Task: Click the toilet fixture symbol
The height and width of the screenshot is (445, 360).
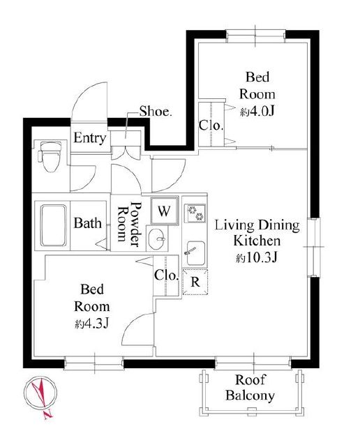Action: (50, 157)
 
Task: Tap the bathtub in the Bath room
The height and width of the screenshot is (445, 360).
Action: (54, 225)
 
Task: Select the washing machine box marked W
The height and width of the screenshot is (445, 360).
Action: (165, 211)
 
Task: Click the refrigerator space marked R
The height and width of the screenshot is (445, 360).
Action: (195, 282)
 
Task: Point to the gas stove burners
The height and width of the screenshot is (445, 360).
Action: (196, 213)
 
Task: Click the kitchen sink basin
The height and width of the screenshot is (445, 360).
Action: (195, 253)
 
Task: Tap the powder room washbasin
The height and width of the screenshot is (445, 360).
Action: (157, 239)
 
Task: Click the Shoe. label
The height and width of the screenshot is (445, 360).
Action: (156, 112)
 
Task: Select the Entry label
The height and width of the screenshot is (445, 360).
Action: (90, 138)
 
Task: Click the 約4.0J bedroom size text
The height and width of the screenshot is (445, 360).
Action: (257, 112)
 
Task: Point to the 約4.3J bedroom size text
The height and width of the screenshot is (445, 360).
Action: (91, 324)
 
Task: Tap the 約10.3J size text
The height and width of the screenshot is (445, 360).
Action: (256, 257)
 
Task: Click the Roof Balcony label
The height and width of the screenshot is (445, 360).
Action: (250, 388)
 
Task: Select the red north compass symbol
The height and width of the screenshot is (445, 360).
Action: (40, 397)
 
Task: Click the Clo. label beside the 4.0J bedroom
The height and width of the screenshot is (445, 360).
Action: (211, 125)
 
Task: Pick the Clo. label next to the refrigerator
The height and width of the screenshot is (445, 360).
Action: (166, 275)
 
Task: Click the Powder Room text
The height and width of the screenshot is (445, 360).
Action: (130, 224)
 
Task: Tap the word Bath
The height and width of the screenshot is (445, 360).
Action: (88, 223)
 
